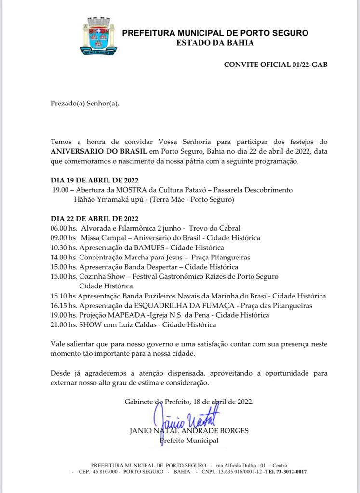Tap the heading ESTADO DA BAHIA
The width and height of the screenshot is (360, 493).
coord(215,43)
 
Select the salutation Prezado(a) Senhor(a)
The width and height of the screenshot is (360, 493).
coord(84,103)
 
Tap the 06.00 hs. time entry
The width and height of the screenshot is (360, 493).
coord(64,228)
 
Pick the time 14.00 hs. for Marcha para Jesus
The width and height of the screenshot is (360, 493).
coord(64,257)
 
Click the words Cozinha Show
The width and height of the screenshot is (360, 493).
coord(99,276)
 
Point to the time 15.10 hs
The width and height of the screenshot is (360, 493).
coord(63,296)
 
